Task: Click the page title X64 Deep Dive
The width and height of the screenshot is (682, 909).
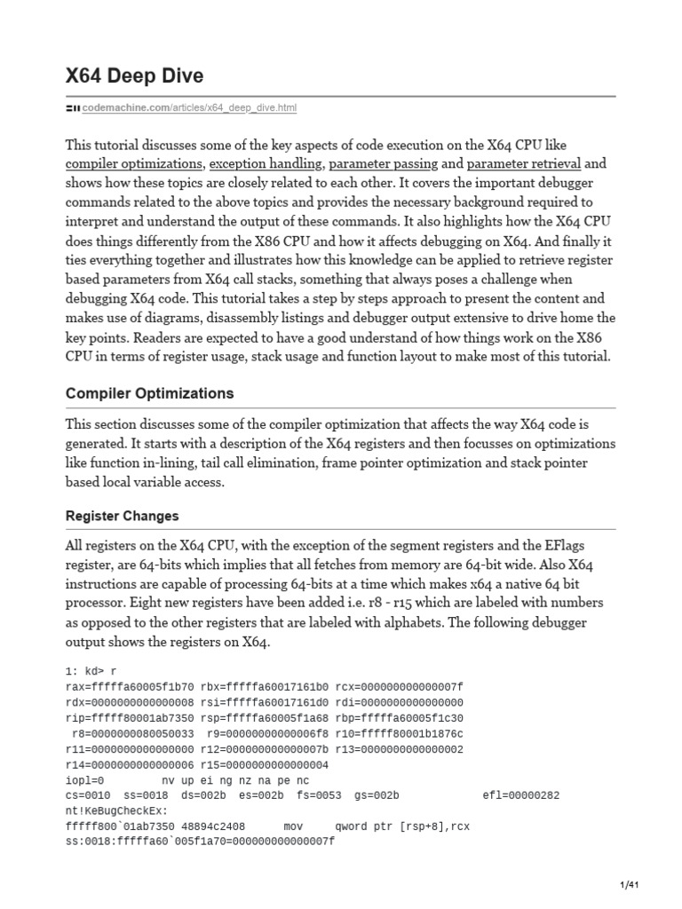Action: click(x=134, y=76)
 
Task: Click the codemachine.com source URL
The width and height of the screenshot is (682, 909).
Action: click(x=189, y=108)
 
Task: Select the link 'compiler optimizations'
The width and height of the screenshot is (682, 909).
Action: click(x=134, y=164)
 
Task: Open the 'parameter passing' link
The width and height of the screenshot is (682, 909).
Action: click(x=383, y=164)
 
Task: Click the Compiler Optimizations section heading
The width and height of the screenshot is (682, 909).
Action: click(x=150, y=392)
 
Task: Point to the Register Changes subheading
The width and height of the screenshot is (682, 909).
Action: click(x=123, y=516)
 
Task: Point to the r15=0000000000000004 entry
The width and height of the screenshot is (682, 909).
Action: click(x=265, y=764)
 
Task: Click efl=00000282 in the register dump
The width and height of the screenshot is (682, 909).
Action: click(x=521, y=794)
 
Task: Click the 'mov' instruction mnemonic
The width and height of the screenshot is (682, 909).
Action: click(x=293, y=825)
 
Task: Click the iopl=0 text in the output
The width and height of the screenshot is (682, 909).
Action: click(x=85, y=779)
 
